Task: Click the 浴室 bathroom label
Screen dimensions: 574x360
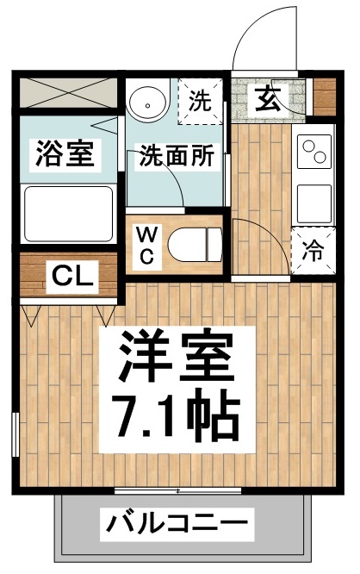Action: (x=64, y=155)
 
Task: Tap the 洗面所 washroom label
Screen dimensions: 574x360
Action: (x=177, y=157)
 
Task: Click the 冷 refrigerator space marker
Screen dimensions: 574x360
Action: (x=313, y=252)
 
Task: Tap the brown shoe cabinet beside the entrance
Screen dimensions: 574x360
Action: (x=324, y=97)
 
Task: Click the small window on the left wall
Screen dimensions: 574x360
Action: (x=14, y=436)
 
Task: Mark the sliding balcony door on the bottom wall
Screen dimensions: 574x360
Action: (x=177, y=492)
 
